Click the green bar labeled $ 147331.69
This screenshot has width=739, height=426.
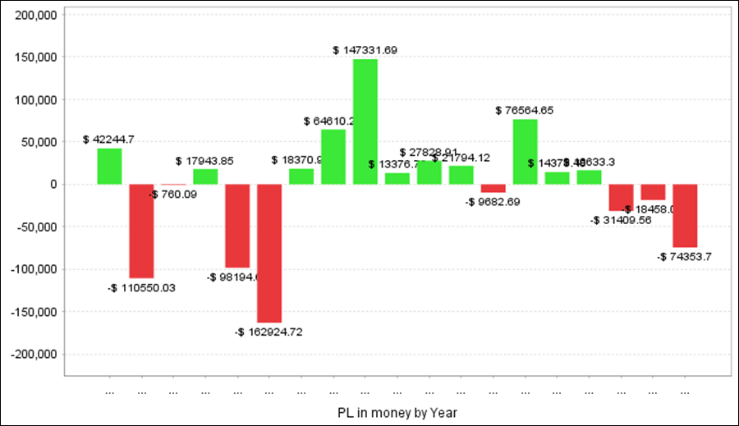[365, 121]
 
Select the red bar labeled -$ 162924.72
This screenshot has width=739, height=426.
[269, 253]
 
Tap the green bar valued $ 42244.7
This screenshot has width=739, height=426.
[109, 166]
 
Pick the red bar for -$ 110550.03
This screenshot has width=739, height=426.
[141, 231]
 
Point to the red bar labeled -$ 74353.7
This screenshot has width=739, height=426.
[686, 215]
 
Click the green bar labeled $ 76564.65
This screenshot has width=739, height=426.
[526, 152]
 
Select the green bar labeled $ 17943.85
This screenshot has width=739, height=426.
[205, 176]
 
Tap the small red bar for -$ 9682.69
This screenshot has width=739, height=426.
[493, 188]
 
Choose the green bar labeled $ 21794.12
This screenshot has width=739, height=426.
[461, 175]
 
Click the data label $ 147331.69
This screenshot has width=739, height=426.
[365, 50]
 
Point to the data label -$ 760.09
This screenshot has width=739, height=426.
[172, 195]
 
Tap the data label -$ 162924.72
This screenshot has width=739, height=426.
[269, 332]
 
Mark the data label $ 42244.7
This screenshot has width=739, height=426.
[108, 140]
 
